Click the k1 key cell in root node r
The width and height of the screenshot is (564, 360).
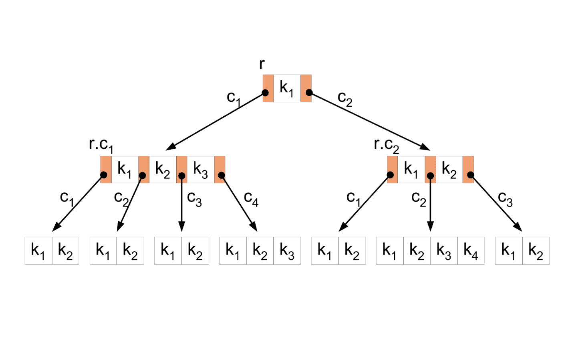(287, 88)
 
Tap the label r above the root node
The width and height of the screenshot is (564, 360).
(262, 64)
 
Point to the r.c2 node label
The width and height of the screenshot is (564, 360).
(387, 145)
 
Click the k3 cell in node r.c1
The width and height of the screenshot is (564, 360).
(200, 170)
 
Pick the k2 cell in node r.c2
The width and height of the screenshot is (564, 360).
(449, 170)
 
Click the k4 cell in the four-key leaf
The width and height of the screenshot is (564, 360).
(471, 251)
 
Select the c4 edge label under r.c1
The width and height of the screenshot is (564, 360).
(251, 198)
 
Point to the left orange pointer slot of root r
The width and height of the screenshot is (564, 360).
(268, 88)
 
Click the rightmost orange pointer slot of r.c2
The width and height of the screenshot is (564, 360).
(468, 170)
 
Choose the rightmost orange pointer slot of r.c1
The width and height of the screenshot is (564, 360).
(220, 170)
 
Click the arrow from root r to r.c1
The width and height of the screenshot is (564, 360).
(216, 121)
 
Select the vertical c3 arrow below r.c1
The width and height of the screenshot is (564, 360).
(181, 204)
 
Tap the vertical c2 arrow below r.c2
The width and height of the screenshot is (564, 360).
(430, 204)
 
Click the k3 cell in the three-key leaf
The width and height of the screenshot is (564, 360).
(287, 251)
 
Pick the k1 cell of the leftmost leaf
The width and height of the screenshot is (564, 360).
(38, 251)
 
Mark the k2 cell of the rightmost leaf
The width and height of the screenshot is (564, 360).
(536, 251)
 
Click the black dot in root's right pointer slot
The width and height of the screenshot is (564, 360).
(309, 93)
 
